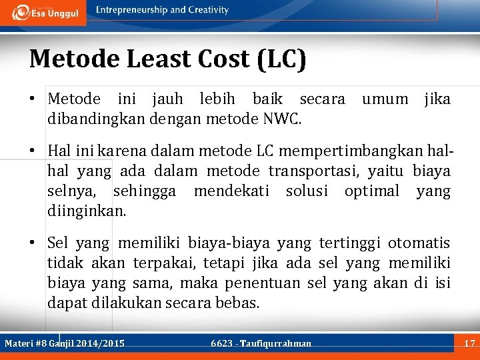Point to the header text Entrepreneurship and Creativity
click(162, 10)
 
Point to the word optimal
click(371, 192)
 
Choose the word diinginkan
click(86, 212)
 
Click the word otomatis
click(419, 243)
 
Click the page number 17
click(469, 343)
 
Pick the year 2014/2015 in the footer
click(100, 343)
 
